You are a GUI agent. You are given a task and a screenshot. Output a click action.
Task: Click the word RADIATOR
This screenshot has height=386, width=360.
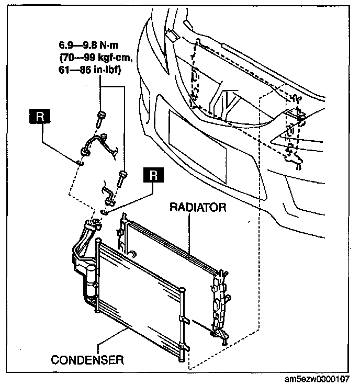[198, 207]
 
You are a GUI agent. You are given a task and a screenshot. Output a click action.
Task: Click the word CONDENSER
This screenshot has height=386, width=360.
[87, 360]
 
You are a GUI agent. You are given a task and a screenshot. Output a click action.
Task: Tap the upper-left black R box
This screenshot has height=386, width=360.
[40, 117]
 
